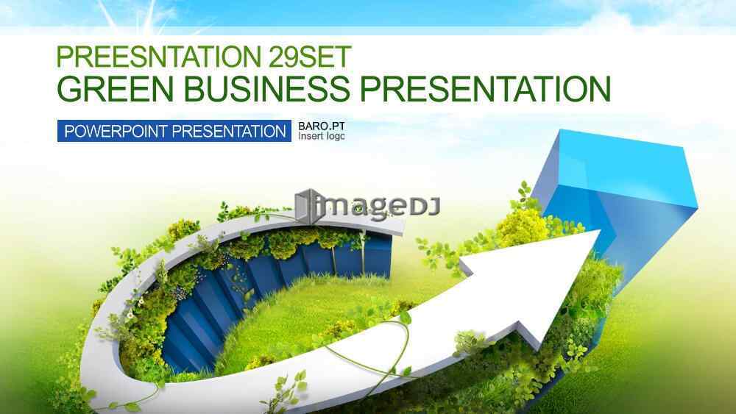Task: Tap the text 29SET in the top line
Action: (310, 57)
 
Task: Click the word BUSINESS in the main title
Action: (266, 89)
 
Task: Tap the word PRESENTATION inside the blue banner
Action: (229, 132)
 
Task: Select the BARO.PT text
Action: (322, 126)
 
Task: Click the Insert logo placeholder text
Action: (322, 136)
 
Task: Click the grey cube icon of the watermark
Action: (308, 207)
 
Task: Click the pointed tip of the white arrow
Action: (601, 230)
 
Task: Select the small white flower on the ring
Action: (130, 315)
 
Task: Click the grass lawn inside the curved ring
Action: (305, 319)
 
